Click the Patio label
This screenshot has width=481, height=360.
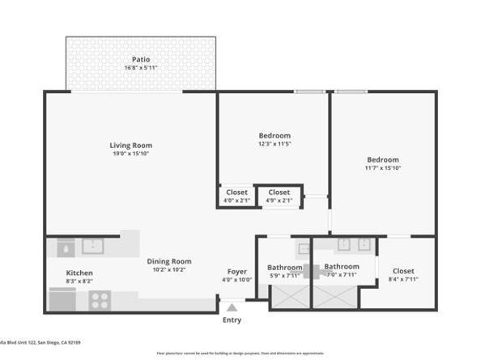point(140,59)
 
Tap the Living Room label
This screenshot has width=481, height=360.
point(130,146)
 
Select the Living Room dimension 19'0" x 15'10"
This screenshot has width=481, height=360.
point(130,154)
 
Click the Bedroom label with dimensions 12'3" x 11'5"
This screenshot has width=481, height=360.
point(275,135)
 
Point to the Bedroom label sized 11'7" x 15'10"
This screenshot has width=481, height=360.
point(382,159)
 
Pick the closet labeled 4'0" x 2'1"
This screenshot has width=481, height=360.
point(236,193)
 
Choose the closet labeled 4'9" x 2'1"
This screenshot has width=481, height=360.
point(279,193)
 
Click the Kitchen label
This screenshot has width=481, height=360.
point(79,273)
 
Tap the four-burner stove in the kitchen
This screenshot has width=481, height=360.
point(100,299)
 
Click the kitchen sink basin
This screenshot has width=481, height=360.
point(93,245)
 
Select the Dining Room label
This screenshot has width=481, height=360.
point(169,261)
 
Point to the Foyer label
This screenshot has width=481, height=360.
point(236,271)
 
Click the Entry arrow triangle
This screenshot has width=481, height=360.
point(232,307)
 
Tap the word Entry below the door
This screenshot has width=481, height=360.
point(232,320)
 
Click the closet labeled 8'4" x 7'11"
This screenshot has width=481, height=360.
point(402,271)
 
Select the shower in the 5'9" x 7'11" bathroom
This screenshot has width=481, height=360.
point(289,296)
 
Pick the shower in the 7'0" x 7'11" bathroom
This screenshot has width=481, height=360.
point(334,296)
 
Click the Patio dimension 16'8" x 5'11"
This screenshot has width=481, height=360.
point(140,68)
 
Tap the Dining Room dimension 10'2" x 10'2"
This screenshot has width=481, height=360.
point(169,269)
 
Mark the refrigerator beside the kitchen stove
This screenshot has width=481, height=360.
point(62,299)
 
